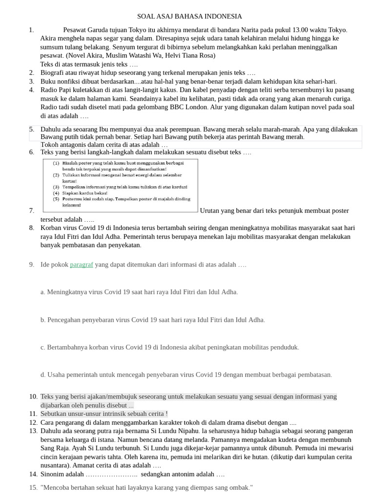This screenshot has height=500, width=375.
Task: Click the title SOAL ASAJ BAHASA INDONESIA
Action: pyautogui.click(x=189, y=17)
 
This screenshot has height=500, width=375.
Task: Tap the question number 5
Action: pyautogui.click(x=31, y=129)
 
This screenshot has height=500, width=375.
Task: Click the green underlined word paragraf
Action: pyautogui.click(x=82, y=265)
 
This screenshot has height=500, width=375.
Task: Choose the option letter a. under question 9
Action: pyautogui.click(x=43, y=292)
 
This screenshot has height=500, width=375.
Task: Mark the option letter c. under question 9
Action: pyautogui.click(x=43, y=347)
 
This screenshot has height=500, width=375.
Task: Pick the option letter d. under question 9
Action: pyautogui.click(x=43, y=375)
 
